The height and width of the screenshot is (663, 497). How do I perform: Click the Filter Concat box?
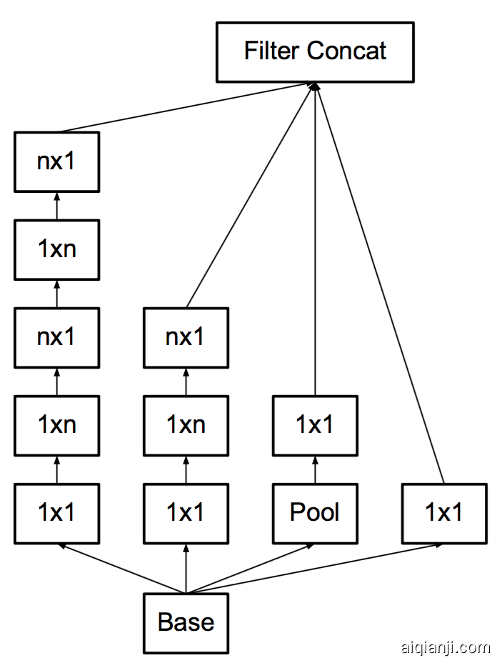(x=315, y=51)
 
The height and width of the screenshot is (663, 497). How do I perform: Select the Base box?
(x=186, y=622)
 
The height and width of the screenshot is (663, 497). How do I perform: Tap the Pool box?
(x=315, y=513)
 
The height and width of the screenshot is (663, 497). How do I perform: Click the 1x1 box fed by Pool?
(x=315, y=425)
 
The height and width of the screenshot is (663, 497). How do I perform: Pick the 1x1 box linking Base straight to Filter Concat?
(x=444, y=513)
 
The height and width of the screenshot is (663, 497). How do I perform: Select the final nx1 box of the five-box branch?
(x=56, y=161)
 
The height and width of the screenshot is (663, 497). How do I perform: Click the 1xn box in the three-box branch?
(x=186, y=425)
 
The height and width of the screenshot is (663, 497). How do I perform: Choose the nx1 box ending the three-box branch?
(x=186, y=337)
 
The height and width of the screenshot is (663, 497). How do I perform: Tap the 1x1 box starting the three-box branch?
(x=186, y=513)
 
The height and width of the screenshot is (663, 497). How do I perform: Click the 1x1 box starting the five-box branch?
(x=56, y=513)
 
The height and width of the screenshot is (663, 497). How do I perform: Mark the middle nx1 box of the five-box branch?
(x=56, y=337)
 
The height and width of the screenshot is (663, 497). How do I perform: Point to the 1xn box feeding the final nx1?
(x=56, y=249)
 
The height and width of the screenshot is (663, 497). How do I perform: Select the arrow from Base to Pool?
(x=250, y=569)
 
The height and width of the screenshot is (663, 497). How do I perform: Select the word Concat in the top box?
(x=347, y=51)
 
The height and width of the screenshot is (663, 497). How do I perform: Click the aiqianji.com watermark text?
(x=445, y=647)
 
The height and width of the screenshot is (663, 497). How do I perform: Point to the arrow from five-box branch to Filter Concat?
(x=186, y=108)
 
